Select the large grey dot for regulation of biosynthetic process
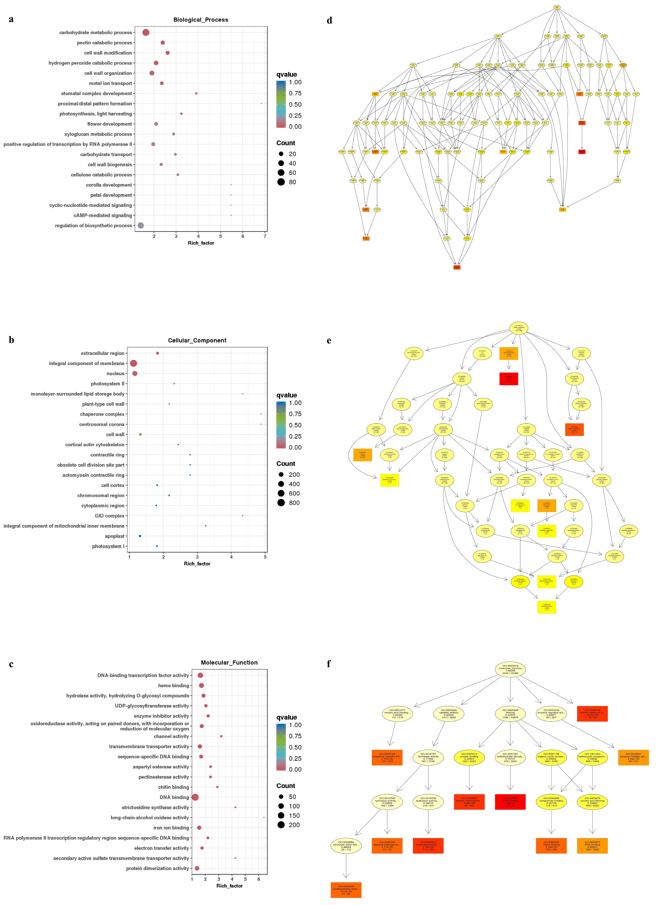[141, 225]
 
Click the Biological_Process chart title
[200, 20]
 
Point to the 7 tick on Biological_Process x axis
[265, 236]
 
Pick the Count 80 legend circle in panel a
[281, 182]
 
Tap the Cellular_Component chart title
[197, 340]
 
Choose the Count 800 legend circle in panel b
[281, 503]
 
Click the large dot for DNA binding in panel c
[195, 797]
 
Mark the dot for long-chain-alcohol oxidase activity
[264, 818]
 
